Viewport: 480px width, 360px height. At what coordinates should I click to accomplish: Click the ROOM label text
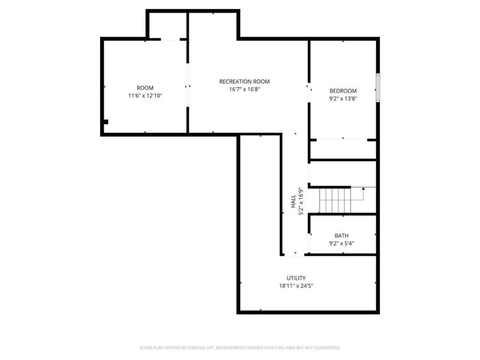[145, 88]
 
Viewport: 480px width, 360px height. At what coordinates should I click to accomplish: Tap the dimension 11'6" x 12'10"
[145, 96]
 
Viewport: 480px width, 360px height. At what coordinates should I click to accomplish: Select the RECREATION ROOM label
[244, 82]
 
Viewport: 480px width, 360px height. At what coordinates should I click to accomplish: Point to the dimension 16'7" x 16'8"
[244, 89]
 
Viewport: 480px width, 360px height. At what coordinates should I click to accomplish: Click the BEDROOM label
[343, 91]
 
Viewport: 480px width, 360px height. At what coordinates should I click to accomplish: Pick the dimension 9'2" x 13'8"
[343, 99]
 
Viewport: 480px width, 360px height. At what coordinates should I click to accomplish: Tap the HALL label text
[293, 200]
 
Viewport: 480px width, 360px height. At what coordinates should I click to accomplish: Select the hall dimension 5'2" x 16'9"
[301, 201]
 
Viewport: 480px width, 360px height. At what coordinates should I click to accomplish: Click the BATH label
[341, 236]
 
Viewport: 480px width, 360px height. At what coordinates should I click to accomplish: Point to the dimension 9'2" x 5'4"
[341, 244]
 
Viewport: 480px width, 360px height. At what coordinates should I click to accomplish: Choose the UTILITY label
[296, 278]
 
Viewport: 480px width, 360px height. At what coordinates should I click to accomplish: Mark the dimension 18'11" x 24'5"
[296, 286]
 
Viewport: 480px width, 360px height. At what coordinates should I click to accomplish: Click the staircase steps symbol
[334, 200]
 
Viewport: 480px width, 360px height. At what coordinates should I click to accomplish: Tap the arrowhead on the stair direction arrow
[364, 189]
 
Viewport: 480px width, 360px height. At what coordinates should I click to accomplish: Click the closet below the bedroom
[343, 149]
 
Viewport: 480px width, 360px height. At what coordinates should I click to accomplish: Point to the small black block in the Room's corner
[106, 122]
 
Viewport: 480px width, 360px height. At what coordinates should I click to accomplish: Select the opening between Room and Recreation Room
[188, 86]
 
